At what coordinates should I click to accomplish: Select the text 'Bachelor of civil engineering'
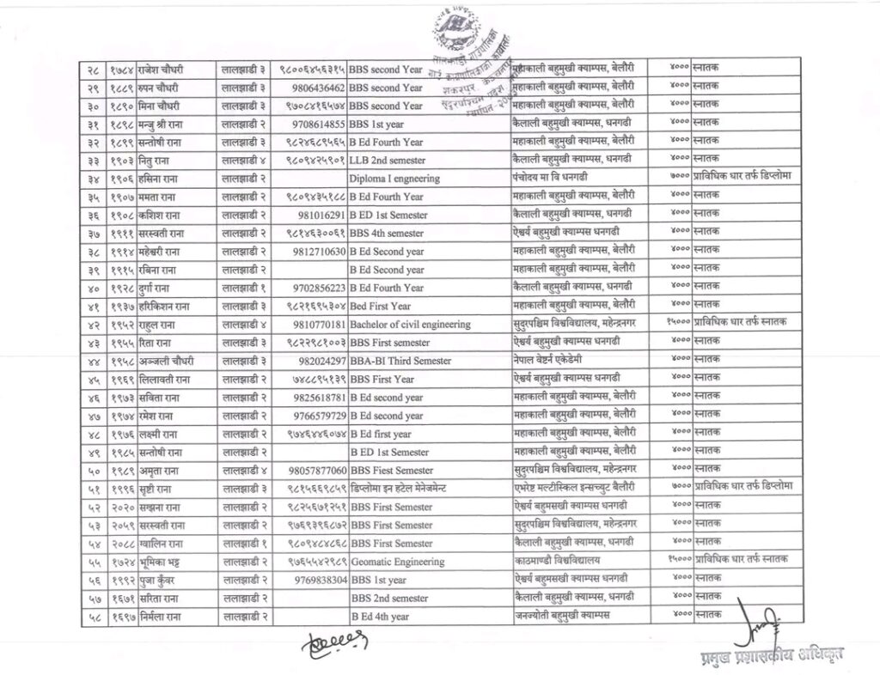pos(410,325)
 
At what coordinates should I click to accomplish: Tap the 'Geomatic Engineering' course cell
pos(397,562)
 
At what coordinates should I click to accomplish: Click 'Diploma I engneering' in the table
pos(394,179)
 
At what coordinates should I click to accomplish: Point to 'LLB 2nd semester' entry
pos(387,160)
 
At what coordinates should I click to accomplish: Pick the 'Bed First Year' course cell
pos(380,306)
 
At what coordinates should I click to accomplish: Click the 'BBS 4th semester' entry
pos(387,234)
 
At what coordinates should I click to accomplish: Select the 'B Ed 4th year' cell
pos(380,616)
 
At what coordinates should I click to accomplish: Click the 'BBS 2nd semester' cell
pos(388,598)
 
